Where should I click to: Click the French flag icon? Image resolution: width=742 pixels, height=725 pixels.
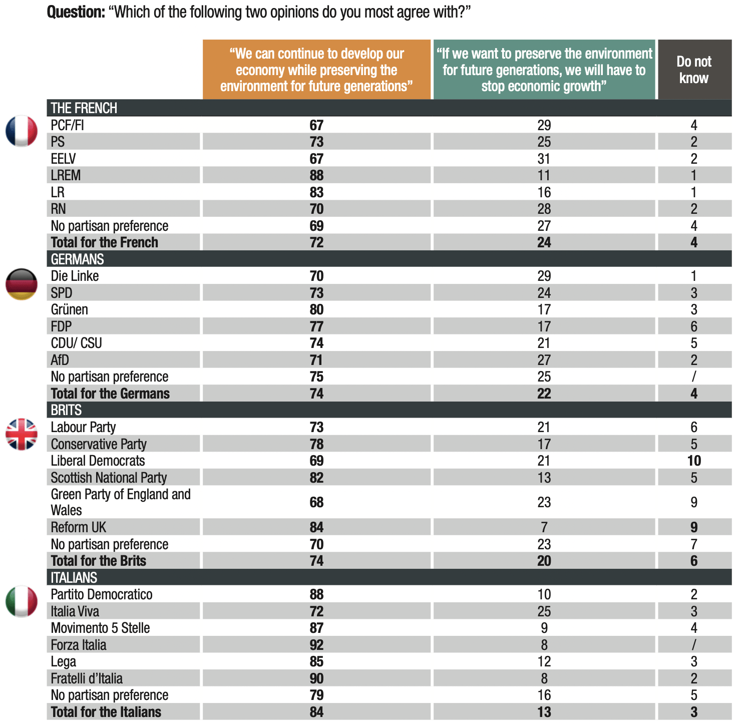pos(22,131)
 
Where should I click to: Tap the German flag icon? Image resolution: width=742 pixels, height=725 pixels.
pos(22,284)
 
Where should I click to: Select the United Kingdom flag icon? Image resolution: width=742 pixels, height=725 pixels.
pos(22,434)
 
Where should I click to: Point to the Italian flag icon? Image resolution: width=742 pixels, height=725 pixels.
pos(22,601)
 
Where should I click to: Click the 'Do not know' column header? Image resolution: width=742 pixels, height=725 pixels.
pos(694,70)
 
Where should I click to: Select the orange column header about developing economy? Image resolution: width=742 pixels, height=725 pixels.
pos(316,70)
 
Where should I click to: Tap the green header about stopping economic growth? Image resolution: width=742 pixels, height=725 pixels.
pos(544,70)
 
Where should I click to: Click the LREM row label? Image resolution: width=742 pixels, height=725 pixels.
pos(66,175)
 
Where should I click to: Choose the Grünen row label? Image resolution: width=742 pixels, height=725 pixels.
pos(70,309)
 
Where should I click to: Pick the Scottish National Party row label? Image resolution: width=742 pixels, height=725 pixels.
pos(109,478)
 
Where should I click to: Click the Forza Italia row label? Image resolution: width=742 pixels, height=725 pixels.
pos(79,645)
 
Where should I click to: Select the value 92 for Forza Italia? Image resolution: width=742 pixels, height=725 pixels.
pos(316,645)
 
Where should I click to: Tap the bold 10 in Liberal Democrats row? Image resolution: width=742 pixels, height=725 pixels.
pos(694,461)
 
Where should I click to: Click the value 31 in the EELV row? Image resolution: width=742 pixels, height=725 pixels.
pos(544,159)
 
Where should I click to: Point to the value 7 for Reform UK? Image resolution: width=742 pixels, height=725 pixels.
pos(544,527)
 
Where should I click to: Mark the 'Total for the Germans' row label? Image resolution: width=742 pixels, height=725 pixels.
pos(110,394)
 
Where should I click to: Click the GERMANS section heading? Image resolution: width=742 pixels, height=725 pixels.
pos(78,259)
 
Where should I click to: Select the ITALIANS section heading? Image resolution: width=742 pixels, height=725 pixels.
pos(74,578)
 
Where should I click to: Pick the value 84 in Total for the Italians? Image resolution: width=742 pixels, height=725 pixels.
pos(316,712)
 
